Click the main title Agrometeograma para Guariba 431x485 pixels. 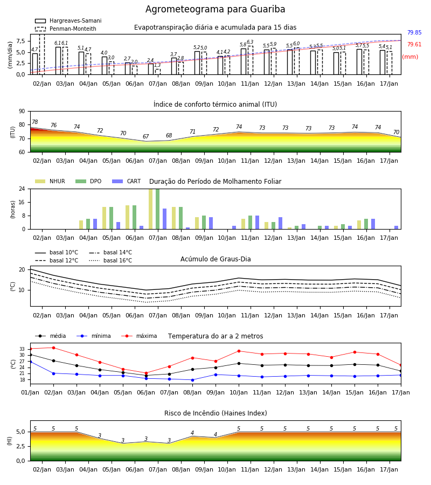tap(215, 9)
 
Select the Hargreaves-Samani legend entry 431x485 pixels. tap(68, 20)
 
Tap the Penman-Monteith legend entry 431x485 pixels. tap(66, 29)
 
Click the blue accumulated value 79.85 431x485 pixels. tap(414, 32)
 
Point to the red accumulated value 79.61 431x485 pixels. tap(414, 45)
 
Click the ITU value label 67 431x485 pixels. tap(145, 136)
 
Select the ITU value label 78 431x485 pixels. tap(34, 122)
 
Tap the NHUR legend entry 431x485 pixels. tap(50, 181)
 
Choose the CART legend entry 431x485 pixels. tap(126, 181)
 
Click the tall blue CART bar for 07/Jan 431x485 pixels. tap(164, 219)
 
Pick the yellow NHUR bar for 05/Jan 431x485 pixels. tap(104, 218)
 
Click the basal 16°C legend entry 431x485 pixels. tap(110, 260)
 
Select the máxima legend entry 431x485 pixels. tap(139, 336)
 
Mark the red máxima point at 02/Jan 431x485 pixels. tap(53, 348)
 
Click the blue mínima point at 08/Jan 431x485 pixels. tap(193, 380)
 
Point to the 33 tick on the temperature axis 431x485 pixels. tap(22, 349)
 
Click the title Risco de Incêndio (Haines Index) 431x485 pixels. tap(215, 413)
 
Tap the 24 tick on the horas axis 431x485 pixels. tap(22, 189)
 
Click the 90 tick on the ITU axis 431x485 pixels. tap(22, 112)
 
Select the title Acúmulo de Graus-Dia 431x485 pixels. tap(215, 259)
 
